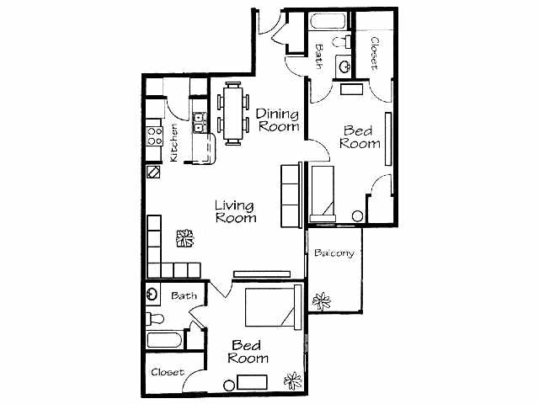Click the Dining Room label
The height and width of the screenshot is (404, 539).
(x=278, y=120)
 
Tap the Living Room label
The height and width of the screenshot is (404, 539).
(x=236, y=210)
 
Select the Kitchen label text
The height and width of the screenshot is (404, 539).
(x=173, y=142)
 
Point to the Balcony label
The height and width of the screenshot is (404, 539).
(x=334, y=253)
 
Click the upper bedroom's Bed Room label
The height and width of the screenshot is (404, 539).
(x=360, y=136)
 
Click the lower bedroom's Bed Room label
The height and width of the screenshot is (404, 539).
(x=249, y=352)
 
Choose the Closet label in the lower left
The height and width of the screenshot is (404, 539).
(x=167, y=372)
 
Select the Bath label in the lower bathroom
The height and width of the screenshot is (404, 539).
(x=184, y=295)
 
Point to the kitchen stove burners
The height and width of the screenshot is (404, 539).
(x=154, y=136)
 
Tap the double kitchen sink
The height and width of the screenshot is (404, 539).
(x=200, y=124)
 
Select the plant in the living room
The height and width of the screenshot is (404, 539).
(x=184, y=239)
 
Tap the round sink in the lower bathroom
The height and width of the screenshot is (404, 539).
(x=152, y=295)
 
